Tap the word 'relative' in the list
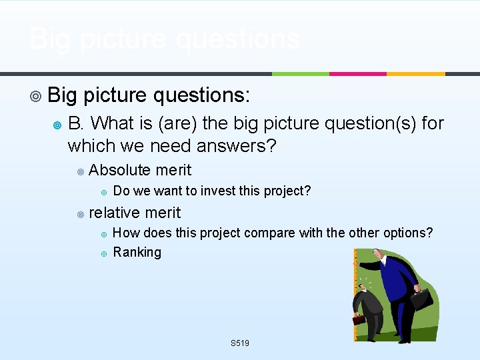(115, 213)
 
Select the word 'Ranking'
(137, 252)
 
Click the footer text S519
(239, 343)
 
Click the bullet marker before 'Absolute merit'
(80, 171)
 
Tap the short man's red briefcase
(359, 318)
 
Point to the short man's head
(365, 288)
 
